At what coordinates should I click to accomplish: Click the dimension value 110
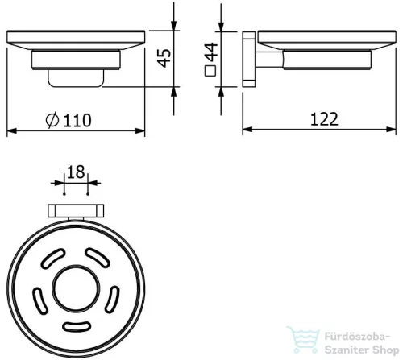[x=77, y=120]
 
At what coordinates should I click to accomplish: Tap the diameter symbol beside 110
[x=52, y=120]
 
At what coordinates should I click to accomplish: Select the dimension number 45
[x=164, y=58]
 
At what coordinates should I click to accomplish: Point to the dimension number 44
[x=211, y=52]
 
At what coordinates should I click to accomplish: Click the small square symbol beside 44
[x=210, y=71]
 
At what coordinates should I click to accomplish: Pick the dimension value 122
[x=324, y=119]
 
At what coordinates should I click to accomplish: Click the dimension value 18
[x=76, y=172]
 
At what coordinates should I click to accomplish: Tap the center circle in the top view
[x=76, y=289]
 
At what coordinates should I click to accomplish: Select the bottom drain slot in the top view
[x=77, y=326]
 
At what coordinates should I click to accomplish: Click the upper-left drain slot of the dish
[x=53, y=259]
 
